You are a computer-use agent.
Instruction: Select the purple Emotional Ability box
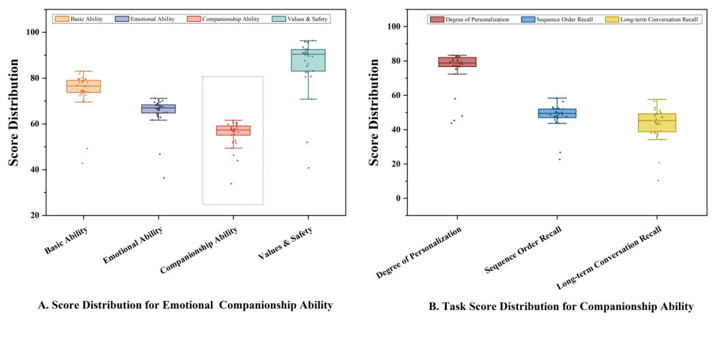158,109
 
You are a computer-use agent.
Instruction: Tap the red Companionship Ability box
233,130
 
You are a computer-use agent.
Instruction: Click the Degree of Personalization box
457,62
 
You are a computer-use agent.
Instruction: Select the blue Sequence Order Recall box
557,113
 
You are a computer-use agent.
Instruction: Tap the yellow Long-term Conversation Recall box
657,123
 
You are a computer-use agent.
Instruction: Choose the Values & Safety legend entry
305,19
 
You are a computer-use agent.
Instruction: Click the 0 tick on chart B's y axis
395,198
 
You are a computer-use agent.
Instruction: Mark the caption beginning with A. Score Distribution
186,305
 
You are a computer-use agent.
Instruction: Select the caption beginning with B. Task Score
561,307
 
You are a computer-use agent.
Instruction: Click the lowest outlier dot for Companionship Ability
231,183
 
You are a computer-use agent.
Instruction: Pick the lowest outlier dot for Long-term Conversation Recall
659,181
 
